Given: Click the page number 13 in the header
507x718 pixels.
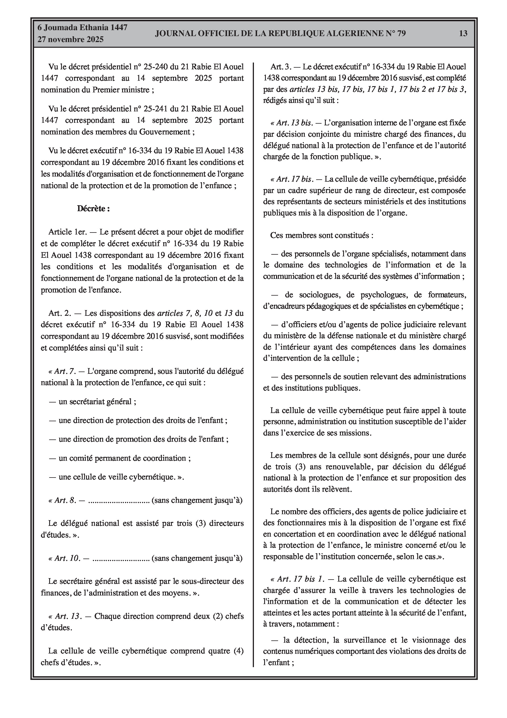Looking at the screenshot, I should [x=463, y=34].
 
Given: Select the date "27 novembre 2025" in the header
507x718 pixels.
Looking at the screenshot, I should [x=70, y=40].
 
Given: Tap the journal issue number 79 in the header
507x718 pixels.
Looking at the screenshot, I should [x=401, y=34].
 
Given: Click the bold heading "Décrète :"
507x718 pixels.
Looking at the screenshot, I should [x=93, y=209].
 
